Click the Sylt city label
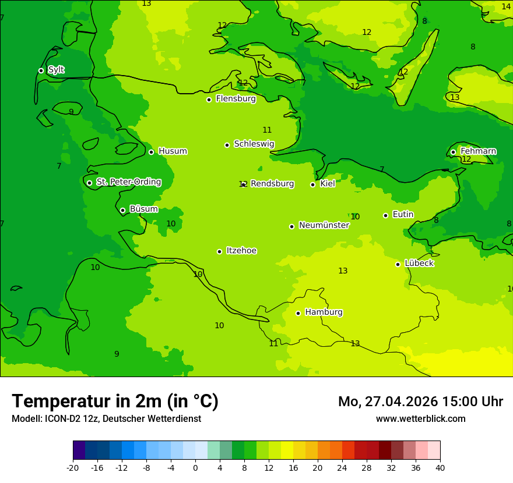pos(56,70)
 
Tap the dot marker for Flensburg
pos(209,100)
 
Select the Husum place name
pos(173,151)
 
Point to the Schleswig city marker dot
pos(227,145)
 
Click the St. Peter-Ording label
pos(129,182)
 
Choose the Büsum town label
pos(143,209)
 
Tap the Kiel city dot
pos(312,184)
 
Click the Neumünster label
pos(324,225)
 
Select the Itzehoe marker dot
pos(219,251)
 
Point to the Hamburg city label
pos(324,312)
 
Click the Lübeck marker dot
pos(398,264)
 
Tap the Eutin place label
pos(403,214)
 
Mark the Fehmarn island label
pos(478,151)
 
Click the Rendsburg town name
pos(272,184)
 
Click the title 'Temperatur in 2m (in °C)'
pos(115,401)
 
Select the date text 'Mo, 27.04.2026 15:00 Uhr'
pos(420,402)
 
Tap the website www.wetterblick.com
pos(420,419)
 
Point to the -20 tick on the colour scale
pos(73,467)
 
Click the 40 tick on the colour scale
pos(440,467)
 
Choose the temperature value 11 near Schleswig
pos(267,130)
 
